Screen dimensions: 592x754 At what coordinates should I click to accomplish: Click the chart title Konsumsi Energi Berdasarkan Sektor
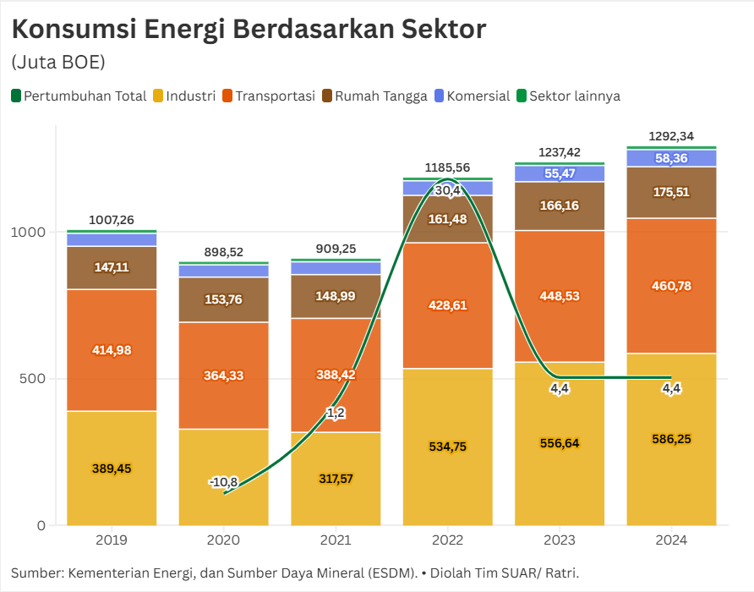249,30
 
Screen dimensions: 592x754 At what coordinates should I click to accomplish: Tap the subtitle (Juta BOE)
57,63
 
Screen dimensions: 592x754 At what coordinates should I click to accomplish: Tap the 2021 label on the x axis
336,540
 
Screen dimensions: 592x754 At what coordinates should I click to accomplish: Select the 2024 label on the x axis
671,540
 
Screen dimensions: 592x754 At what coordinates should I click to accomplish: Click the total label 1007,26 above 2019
112,220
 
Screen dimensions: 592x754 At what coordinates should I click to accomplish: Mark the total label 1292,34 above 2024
671,136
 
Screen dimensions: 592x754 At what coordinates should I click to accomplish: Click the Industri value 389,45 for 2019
112,469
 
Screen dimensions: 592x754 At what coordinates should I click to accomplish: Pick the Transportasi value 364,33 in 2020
223,375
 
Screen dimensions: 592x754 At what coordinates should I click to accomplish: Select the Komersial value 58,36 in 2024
671,157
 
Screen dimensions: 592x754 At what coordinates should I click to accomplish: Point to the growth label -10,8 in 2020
223,482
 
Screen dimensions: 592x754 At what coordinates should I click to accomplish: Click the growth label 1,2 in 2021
336,413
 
